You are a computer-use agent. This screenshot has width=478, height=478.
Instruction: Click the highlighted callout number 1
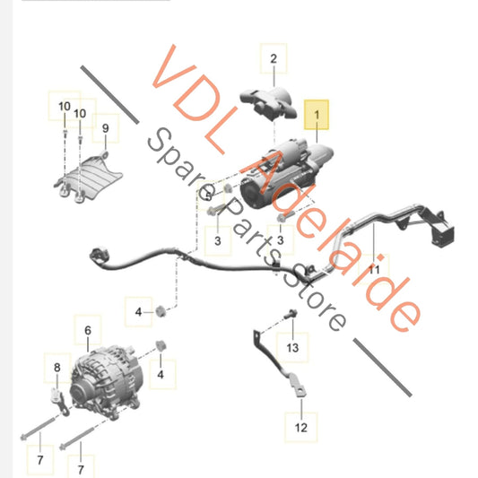tap(315, 115)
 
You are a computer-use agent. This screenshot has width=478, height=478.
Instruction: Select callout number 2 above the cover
tap(274, 60)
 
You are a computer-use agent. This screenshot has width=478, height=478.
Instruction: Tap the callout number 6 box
tap(88, 332)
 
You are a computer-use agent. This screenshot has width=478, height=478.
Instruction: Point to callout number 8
tap(56, 367)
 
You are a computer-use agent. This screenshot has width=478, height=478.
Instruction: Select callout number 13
tap(291, 346)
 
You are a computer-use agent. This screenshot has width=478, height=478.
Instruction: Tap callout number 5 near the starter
tap(207, 193)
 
